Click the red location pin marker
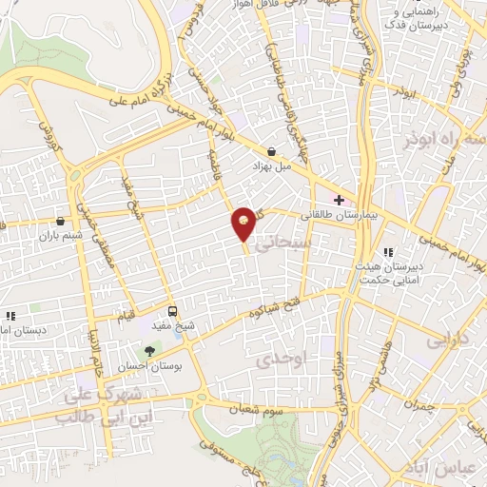click(x=244, y=223)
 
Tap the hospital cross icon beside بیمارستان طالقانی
click(x=338, y=199)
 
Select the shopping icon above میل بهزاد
click(x=273, y=151)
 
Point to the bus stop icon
click(x=172, y=310)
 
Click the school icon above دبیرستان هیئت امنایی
click(x=387, y=252)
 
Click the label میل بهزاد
click(x=270, y=166)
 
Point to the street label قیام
click(x=125, y=314)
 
